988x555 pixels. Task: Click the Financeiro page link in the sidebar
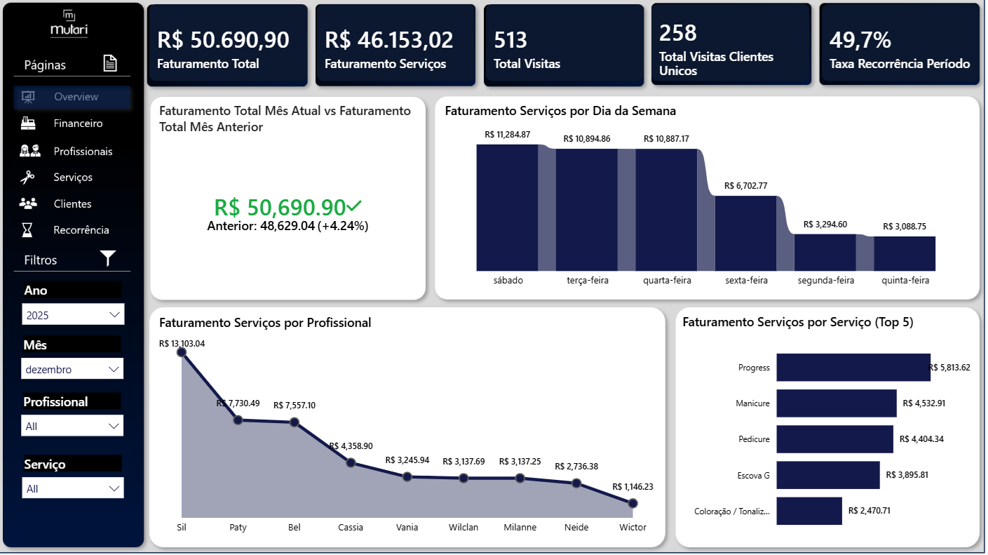pyautogui.click(x=77, y=123)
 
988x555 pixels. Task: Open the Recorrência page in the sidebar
pyautogui.click(x=81, y=230)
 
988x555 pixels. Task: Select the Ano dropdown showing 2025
pyautogui.click(x=72, y=315)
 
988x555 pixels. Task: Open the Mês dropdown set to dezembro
pyautogui.click(x=72, y=369)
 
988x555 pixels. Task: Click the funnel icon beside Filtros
pyautogui.click(x=107, y=259)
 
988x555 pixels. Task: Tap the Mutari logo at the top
pyautogui.click(x=69, y=24)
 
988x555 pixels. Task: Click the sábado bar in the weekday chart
pyautogui.click(x=507, y=208)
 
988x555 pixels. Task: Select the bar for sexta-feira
pyautogui.click(x=745, y=233)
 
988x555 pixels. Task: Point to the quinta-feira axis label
pyautogui.click(x=905, y=281)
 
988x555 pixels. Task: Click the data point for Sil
pyautogui.click(x=182, y=352)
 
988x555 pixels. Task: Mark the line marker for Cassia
pyautogui.click(x=351, y=462)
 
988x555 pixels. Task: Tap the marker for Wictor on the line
pyautogui.click(x=632, y=503)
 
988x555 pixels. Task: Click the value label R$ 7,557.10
pyautogui.click(x=295, y=406)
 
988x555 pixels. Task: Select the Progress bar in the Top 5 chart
pyautogui.click(x=853, y=368)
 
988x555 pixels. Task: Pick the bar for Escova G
pyautogui.click(x=827, y=475)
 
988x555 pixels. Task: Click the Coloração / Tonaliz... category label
pyautogui.click(x=731, y=511)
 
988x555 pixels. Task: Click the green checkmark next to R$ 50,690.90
pyautogui.click(x=354, y=206)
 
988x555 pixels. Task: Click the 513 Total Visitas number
pyautogui.click(x=510, y=41)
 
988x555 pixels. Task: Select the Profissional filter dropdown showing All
pyautogui.click(x=72, y=426)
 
